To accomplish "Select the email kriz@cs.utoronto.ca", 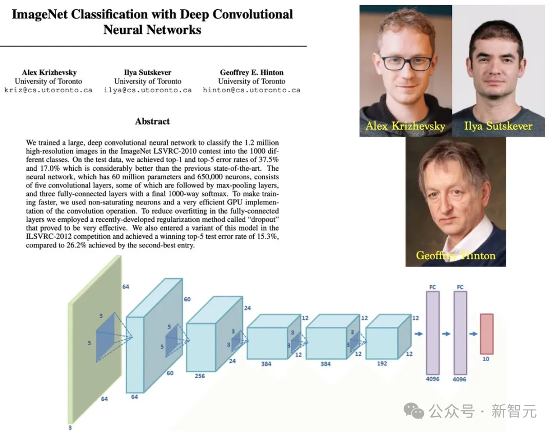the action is point(48,90).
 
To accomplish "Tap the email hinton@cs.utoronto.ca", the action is point(251,90).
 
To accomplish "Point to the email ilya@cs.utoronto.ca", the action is point(148,90).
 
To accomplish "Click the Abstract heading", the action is point(152,121).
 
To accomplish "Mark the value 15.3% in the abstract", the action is point(267,236).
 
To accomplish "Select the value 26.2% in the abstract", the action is point(76,245).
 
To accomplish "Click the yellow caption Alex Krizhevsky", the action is point(405,126).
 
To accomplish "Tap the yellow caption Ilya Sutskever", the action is point(498,126).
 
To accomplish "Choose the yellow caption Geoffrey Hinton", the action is point(456,256).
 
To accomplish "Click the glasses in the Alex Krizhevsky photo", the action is point(406,63).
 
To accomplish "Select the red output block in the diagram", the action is point(486,334).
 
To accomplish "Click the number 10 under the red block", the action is point(486,359).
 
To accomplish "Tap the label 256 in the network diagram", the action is point(200,376).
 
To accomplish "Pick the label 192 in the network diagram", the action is point(382,363).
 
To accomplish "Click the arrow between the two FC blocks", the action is point(446,334).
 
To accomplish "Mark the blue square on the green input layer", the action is point(105,337).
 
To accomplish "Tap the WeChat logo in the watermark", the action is point(414,411).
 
